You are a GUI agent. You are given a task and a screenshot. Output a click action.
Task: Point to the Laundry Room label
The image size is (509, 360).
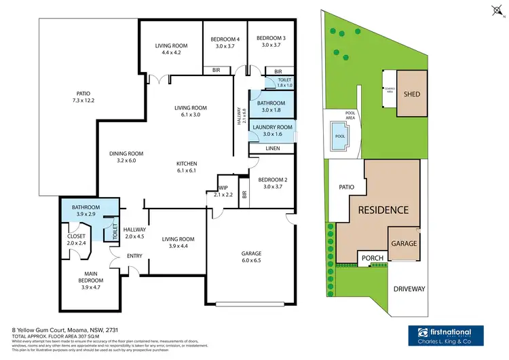click(x=272, y=130)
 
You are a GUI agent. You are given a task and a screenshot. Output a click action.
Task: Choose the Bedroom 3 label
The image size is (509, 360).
click(x=271, y=42)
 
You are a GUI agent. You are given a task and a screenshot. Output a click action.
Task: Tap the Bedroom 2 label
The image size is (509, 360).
click(x=272, y=183)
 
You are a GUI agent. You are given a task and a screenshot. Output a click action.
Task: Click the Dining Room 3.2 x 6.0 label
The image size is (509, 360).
click(x=126, y=157)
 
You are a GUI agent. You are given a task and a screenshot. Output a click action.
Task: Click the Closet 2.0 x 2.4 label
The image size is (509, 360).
click(x=77, y=239)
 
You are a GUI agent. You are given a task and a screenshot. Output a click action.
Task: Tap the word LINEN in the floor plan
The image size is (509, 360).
click(x=272, y=148)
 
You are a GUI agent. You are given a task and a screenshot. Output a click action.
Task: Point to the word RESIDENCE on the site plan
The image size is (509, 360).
click(x=383, y=210)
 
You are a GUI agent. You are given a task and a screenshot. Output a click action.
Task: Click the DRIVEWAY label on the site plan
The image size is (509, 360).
click(x=409, y=289)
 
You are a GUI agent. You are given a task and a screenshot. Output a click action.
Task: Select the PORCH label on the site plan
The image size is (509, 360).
click(x=373, y=258)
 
